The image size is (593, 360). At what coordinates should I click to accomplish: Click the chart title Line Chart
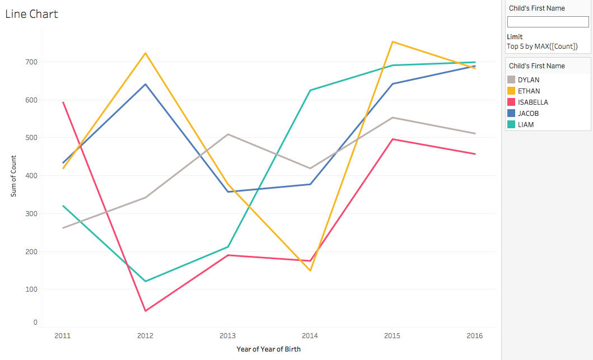coord(31,14)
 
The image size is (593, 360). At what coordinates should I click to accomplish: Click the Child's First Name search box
coord(548,22)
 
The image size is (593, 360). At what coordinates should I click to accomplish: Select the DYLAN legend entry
coord(529,80)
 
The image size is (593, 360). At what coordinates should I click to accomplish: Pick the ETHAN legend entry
coord(529,91)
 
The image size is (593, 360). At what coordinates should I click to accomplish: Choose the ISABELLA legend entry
coord(533,102)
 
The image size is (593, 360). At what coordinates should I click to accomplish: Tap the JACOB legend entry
coord(529,114)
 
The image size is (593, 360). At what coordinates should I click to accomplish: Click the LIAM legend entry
coord(526,125)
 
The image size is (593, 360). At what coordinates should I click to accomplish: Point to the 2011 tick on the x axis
coord(63,336)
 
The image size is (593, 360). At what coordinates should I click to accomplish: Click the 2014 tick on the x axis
coord(310,336)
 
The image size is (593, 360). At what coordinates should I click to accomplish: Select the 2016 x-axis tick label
coord(475,336)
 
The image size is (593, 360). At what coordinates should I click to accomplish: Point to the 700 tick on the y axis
coord(31,62)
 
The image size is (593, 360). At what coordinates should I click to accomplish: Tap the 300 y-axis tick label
coord(31,213)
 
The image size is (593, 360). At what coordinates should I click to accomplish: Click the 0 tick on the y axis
coord(35,322)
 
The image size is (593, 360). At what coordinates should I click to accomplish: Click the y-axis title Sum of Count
coord(13,175)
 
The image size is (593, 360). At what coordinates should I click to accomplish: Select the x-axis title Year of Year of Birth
coord(268,349)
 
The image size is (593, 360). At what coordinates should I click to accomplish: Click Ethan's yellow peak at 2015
coord(393,42)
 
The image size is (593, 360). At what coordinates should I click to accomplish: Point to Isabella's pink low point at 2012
coord(146,311)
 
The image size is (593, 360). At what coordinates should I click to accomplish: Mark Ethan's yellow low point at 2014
coord(310,270)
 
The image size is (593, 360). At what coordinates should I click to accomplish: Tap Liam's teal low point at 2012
coord(146,281)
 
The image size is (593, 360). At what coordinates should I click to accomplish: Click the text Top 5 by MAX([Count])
coord(542,46)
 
